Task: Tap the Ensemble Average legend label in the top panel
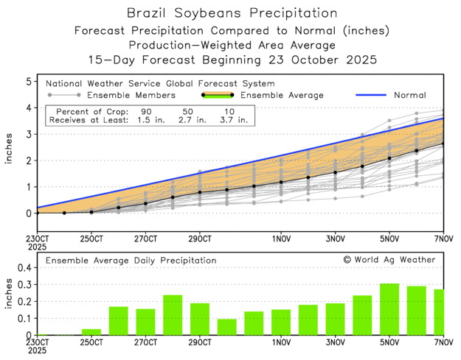283,95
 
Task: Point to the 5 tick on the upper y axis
29,81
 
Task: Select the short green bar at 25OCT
91,331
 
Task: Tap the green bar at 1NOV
281,322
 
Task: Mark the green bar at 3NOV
336,319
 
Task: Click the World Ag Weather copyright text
389,259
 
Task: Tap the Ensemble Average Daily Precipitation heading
131,260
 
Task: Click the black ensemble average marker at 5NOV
390,158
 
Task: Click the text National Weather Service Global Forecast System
161,83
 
